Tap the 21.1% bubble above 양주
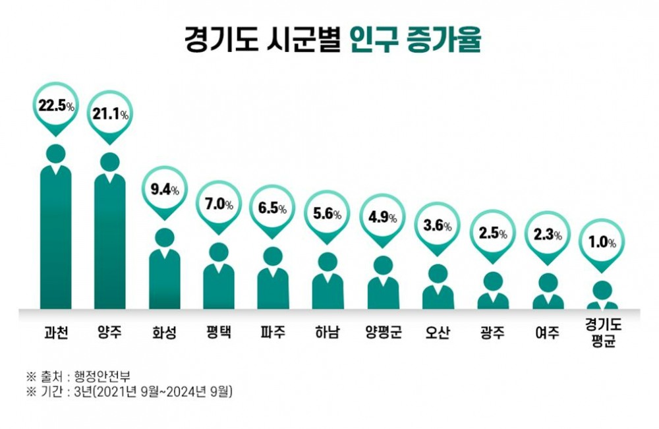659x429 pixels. [110, 114]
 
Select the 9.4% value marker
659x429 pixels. [165, 190]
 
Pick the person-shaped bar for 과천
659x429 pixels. [55, 237]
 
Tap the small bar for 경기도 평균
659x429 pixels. [602, 303]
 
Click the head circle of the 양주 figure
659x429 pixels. [110, 162]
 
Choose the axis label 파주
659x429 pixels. [273, 332]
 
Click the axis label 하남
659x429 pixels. [328, 332]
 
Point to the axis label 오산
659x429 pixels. [438, 332]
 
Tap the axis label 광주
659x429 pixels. [492, 332]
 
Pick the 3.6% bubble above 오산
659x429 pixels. [438, 226]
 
